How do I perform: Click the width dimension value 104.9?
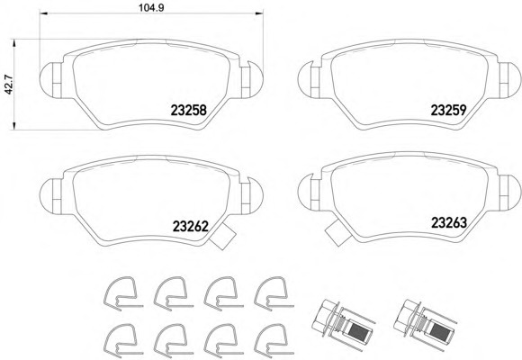point(151,7)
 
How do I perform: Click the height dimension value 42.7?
point(8,85)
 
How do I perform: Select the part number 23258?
point(189,110)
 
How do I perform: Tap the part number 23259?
point(448,110)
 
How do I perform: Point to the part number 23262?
point(191,227)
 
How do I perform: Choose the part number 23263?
point(449,223)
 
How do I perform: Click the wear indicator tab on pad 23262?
point(223,236)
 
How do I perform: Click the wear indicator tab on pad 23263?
point(338,233)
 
